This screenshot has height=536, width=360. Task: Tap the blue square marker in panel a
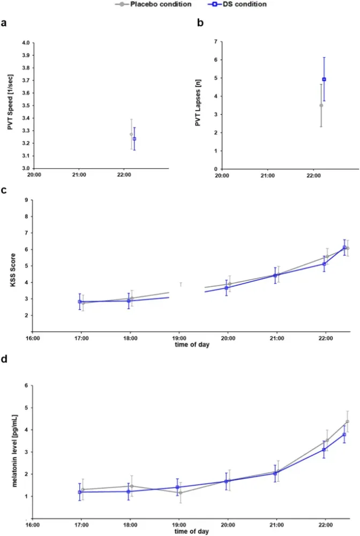click(134, 139)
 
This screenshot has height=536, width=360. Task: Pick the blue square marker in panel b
click(324, 79)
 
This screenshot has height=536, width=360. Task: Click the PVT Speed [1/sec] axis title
click(10, 105)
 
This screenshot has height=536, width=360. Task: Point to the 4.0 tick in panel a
click(24, 43)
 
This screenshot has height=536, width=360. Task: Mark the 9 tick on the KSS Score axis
click(27, 200)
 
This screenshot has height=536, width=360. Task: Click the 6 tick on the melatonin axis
click(27, 385)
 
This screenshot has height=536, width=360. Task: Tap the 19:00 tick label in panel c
click(179, 338)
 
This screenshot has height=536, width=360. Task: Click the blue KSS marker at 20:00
click(227, 288)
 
